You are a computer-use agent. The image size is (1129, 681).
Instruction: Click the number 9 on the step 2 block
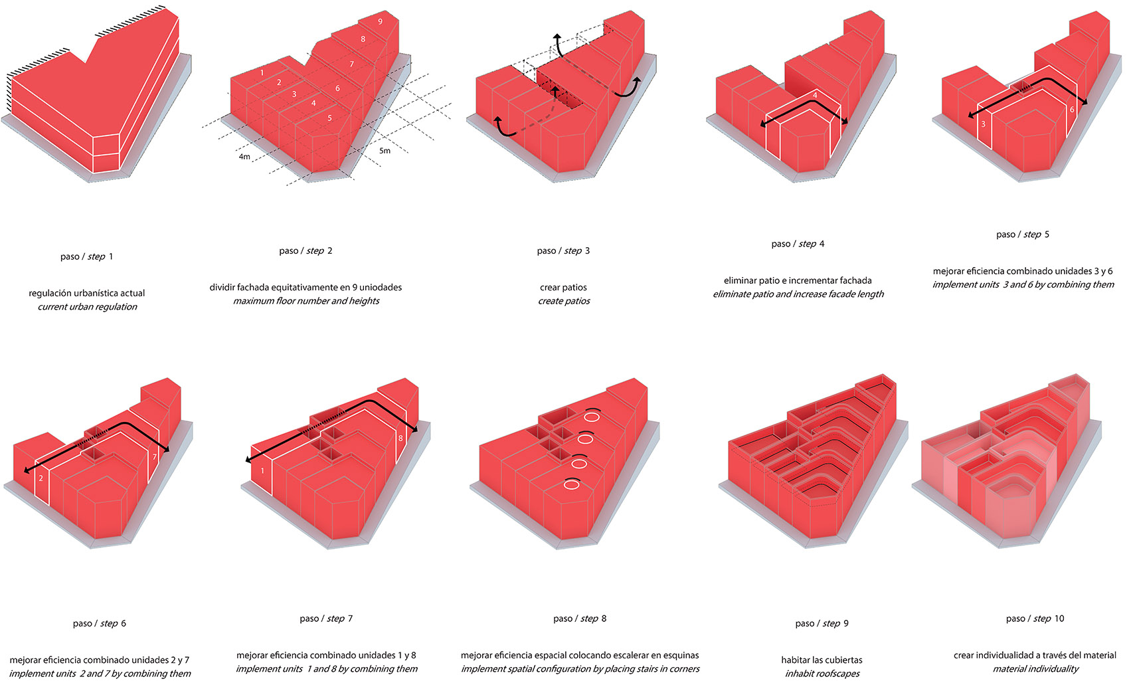(x=380, y=21)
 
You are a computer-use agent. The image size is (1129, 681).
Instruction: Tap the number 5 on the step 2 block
(x=329, y=118)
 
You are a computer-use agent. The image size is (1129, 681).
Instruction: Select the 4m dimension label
(x=244, y=157)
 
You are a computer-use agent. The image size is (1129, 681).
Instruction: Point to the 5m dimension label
(x=385, y=151)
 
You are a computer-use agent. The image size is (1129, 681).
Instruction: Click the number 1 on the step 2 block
(x=262, y=73)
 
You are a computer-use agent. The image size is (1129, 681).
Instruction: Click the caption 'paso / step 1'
(x=87, y=256)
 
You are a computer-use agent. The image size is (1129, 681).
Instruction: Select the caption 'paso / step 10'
(x=1035, y=619)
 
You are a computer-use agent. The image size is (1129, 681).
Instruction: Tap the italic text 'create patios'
(x=563, y=301)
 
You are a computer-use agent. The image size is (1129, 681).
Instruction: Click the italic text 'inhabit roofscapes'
(x=822, y=674)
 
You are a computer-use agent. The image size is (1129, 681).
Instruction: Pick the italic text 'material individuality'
(x=1035, y=669)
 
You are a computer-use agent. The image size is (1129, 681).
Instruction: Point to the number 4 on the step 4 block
(x=815, y=95)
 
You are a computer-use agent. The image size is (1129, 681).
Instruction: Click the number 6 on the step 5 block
(x=1072, y=110)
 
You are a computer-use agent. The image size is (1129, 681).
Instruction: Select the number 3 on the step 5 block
(x=983, y=124)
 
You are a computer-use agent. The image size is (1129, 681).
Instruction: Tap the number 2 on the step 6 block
(x=41, y=478)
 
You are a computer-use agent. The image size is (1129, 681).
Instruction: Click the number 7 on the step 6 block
(x=154, y=457)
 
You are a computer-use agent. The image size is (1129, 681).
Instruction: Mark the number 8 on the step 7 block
(x=400, y=438)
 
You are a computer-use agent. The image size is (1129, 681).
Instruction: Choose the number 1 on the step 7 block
(x=262, y=471)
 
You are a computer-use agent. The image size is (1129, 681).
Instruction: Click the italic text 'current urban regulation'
(x=87, y=307)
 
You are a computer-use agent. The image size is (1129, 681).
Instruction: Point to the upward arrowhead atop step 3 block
(x=557, y=37)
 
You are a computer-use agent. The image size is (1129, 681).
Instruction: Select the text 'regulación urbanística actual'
(x=87, y=294)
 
